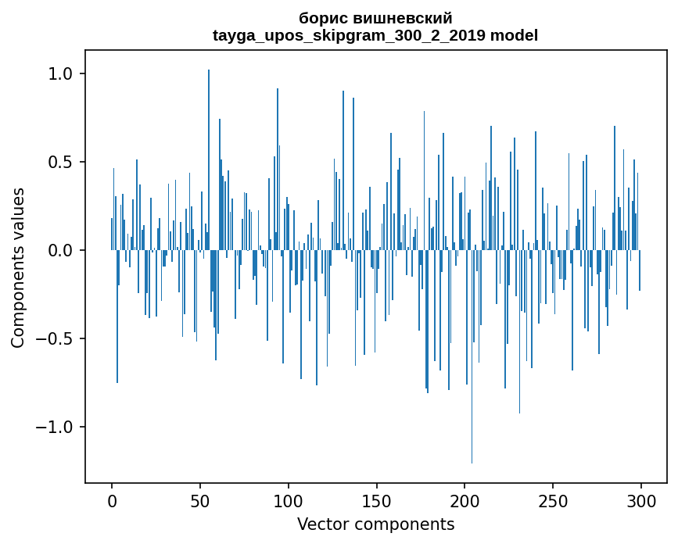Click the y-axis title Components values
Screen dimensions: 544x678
click(17, 267)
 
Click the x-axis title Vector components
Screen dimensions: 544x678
click(375, 524)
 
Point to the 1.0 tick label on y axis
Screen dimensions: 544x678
click(62, 74)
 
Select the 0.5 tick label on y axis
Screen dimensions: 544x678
click(62, 163)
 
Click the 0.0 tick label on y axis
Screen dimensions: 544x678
click(62, 251)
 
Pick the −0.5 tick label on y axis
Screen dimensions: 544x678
click(56, 339)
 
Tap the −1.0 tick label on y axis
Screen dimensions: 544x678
click(56, 428)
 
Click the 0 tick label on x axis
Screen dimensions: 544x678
click(112, 500)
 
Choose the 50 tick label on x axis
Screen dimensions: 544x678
click(200, 500)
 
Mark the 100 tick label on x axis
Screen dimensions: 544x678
click(289, 500)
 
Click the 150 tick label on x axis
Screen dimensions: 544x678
click(376, 500)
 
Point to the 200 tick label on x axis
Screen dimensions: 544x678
click(465, 500)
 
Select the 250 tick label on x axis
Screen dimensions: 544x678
click(553, 500)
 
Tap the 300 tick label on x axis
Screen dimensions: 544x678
click(640, 500)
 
